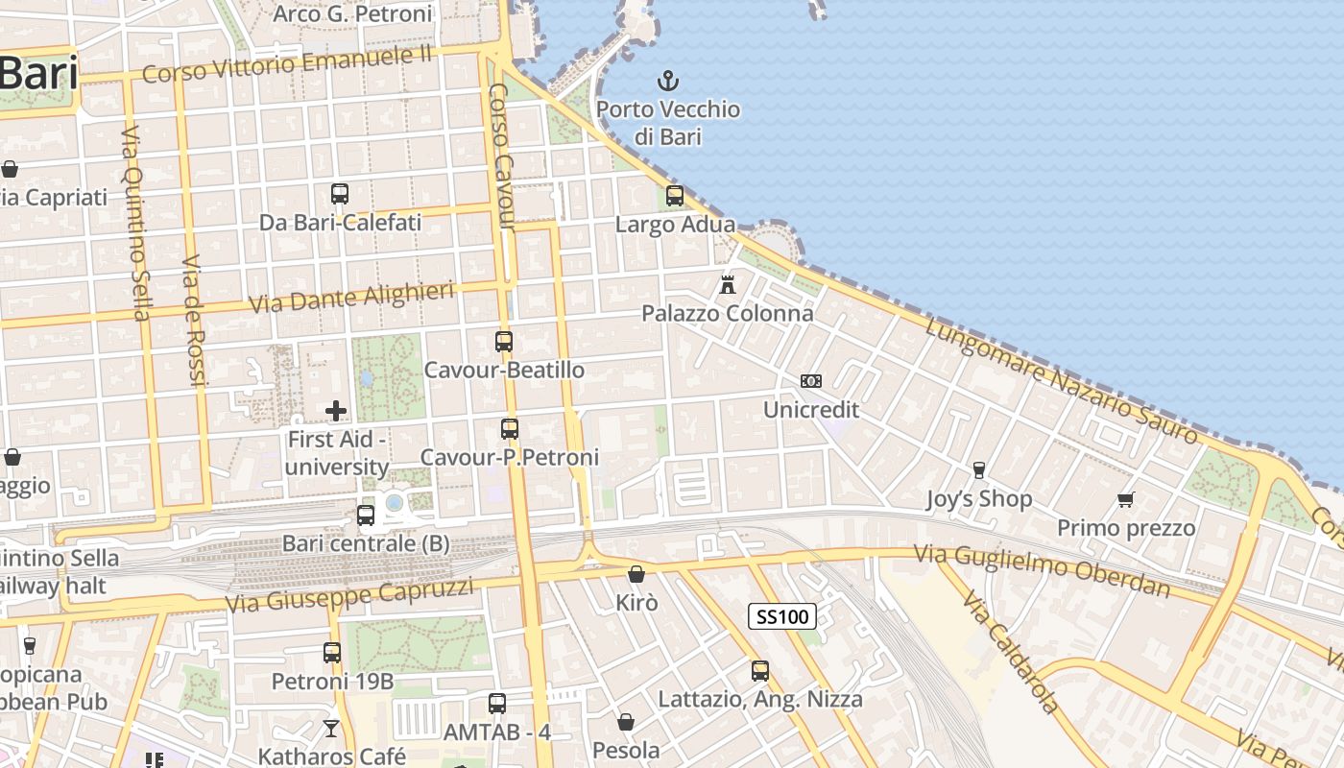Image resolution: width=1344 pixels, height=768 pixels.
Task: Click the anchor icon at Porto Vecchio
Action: tap(667, 81)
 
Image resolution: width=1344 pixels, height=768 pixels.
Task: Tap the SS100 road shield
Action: tap(782, 616)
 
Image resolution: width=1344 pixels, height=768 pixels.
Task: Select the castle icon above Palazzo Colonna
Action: tap(728, 284)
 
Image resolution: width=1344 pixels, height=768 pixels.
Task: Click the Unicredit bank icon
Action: tap(811, 381)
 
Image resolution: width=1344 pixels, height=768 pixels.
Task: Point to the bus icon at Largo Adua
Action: tap(675, 196)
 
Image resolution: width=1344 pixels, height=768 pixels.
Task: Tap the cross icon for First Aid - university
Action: tap(336, 411)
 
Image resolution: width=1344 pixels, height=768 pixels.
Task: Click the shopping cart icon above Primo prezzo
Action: tap(1126, 499)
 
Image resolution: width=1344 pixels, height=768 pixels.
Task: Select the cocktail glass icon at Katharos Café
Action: tap(331, 728)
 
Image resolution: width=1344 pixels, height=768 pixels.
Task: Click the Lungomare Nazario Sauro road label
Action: tap(1062, 381)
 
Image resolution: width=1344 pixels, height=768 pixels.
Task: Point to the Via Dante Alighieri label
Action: tap(350, 298)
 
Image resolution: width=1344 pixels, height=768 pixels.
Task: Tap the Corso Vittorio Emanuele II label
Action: tap(288, 65)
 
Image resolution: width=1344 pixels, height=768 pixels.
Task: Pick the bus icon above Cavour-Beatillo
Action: tap(504, 341)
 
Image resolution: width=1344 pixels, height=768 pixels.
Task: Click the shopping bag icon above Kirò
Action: tap(636, 574)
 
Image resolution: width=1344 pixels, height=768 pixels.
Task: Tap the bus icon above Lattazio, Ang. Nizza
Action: tap(760, 670)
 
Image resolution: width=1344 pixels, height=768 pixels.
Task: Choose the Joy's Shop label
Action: tap(979, 499)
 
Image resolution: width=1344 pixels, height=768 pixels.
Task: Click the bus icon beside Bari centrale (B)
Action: tap(366, 516)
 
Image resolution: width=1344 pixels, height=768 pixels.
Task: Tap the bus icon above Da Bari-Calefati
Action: tap(340, 194)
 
